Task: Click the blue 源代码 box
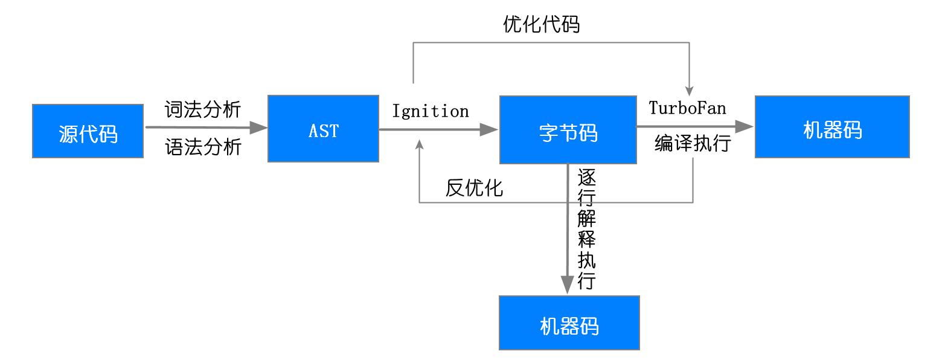[x=88, y=131]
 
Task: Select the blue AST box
[x=323, y=129]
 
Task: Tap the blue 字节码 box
[x=568, y=130]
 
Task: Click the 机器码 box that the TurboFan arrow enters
[x=832, y=127]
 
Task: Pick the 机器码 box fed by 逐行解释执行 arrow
[x=569, y=323]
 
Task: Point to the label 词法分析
[x=203, y=110]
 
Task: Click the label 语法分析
[x=203, y=147]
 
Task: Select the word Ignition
[x=431, y=111]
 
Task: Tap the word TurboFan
[x=687, y=108]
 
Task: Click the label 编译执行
[x=693, y=144]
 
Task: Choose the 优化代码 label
[x=541, y=24]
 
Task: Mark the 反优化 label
[x=474, y=188]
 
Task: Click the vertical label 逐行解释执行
[x=586, y=230]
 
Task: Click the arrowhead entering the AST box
[x=259, y=127]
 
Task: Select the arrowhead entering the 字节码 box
[x=490, y=129]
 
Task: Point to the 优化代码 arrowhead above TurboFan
[x=689, y=89]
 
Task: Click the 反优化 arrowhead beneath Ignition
[x=420, y=144]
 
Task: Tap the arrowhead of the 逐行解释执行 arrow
[x=567, y=285]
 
